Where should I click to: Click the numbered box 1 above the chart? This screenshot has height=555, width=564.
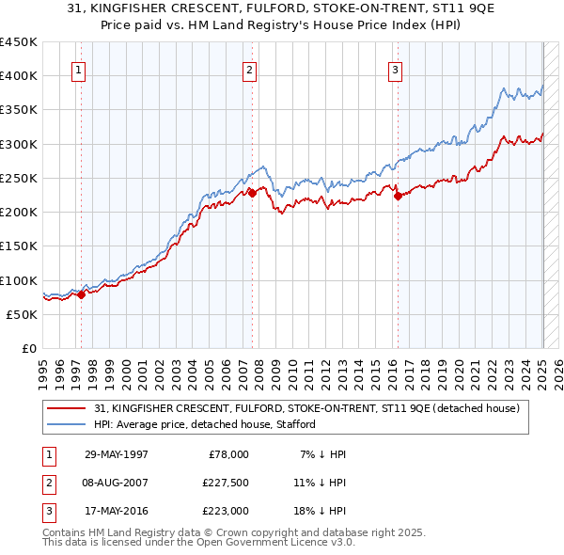coord(78,69)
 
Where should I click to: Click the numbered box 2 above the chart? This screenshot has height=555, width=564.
coord(250,69)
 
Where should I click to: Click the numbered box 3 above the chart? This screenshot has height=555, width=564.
coord(396,69)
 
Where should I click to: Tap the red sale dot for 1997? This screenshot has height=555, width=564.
coord(81,294)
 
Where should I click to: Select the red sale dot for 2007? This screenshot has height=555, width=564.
coord(252,194)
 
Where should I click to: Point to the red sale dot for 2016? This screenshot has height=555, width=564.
coord(398,197)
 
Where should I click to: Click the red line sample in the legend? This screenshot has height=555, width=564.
coord(68,407)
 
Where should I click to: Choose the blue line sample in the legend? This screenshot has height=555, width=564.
coord(68,424)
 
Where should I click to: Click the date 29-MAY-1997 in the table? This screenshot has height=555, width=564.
coord(117,454)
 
